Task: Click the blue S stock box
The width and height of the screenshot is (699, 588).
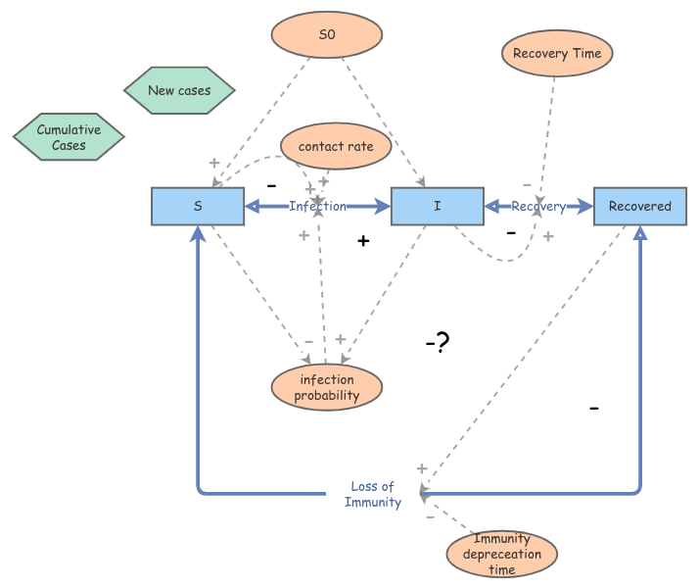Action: tap(198, 207)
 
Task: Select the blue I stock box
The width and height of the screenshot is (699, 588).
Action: tap(438, 207)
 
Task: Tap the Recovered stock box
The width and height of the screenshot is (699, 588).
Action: tap(639, 207)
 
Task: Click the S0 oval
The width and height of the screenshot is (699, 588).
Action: tap(327, 34)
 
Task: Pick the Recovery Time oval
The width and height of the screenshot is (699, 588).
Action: tap(557, 54)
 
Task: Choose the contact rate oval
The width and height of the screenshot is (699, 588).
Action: tap(335, 146)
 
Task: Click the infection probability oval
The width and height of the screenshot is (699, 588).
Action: tap(327, 388)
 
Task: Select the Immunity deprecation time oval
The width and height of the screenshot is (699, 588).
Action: tap(501, 554)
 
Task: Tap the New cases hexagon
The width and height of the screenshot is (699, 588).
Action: tap(180, 91)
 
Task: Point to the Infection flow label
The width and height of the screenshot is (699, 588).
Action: tap(317, 207)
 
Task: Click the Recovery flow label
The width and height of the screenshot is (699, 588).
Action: tap(538, 207)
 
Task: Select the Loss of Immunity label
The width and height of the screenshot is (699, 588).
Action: tap(372, 495)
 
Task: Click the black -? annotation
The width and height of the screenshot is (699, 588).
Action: tap(437, 343)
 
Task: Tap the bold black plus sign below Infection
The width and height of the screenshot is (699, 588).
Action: tap(363, 240)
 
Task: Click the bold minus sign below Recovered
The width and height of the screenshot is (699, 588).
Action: tap(593, 407)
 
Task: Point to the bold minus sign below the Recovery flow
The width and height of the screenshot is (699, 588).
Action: tap(510, 233)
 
